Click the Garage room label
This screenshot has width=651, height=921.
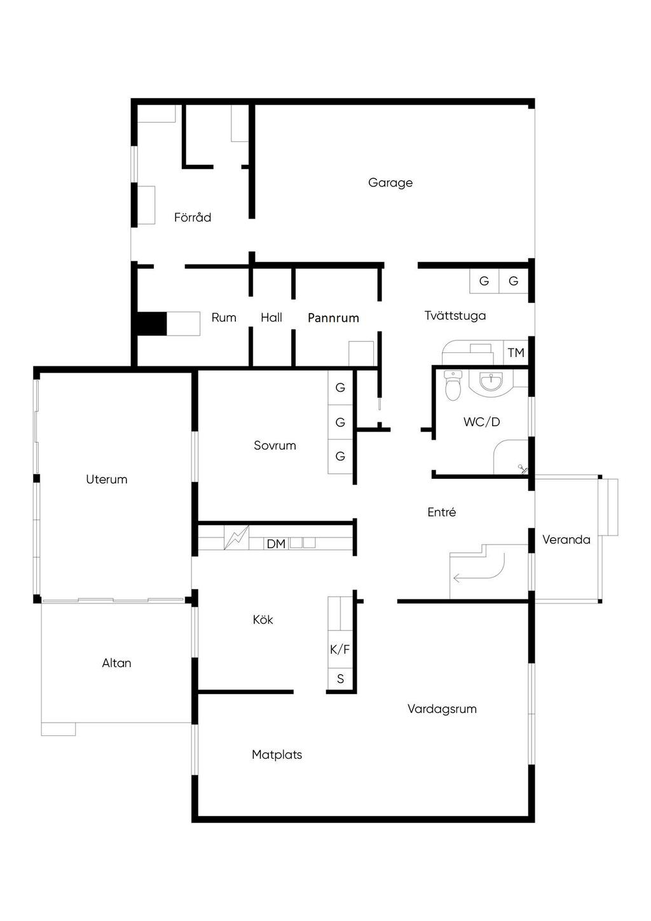point(390,183)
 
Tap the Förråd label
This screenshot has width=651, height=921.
point(193,217)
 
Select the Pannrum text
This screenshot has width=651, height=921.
point(333,318)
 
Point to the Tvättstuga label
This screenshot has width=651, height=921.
point(455,315)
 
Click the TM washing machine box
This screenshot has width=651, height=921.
point(516,352)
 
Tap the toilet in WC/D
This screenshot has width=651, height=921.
point(453,385)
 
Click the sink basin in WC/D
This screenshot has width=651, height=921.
point(491,382)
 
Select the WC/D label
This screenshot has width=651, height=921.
point(481,422)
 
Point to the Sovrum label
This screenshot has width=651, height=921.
point(275,445)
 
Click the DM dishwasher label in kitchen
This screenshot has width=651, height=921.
point(276,544)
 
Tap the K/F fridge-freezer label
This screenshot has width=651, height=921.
point(340,649)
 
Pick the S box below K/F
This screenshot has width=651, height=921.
point(340,679)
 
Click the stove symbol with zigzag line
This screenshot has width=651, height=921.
point(236,537)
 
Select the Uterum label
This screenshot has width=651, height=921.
point(106,479)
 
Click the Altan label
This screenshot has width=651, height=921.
point(117,663)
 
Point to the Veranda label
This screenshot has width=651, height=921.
point(566,539)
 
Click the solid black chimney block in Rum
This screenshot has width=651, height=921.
point(152,324)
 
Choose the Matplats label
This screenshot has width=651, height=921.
point(277,754)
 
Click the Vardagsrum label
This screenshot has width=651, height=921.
point(442,709)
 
